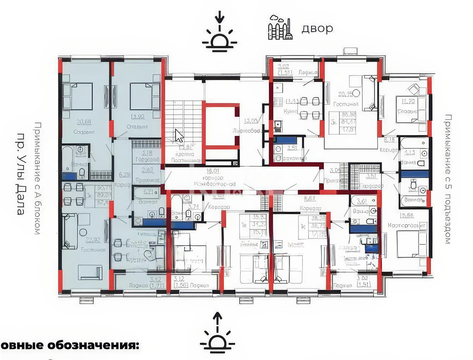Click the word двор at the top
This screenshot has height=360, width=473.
[x=317, y=29]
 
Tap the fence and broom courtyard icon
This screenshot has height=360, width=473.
[x=280, y=28]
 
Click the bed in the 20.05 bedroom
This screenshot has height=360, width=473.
[x=78, y=96]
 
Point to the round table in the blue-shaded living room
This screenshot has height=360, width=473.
[x=83, y=232]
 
